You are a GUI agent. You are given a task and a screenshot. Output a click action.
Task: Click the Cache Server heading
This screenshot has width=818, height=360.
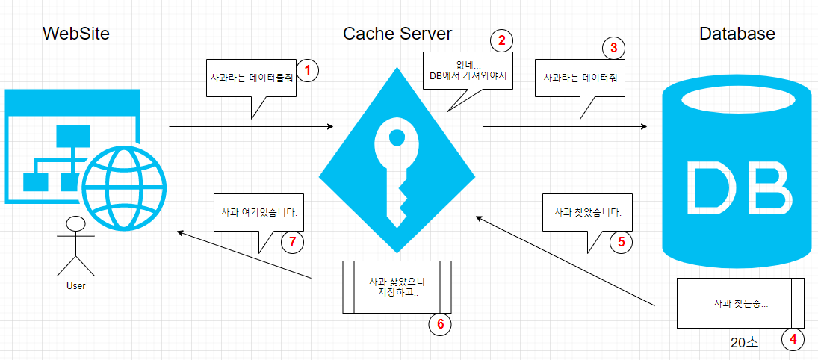(397, 34)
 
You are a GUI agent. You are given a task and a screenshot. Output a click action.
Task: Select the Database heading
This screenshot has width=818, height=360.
(737, 34)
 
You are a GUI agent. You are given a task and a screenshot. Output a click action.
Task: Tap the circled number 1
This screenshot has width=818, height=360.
(307, 70)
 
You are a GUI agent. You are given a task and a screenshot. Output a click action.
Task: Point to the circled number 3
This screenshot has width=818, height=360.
(613, 48)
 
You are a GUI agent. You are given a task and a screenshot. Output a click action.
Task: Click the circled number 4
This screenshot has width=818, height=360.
(793, 340)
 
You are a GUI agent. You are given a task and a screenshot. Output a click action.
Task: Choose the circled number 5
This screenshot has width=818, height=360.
(621, 242)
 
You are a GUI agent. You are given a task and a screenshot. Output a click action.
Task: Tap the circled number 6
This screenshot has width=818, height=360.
(440, 324)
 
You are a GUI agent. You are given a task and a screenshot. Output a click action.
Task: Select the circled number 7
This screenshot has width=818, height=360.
(292, 242)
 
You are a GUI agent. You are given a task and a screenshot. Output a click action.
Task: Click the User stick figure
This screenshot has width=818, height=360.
(75, 247)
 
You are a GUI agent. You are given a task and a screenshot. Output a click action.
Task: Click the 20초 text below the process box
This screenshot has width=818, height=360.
(744, 342)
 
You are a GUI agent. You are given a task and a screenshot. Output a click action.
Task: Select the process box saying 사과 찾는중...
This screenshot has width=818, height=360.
(740, 303)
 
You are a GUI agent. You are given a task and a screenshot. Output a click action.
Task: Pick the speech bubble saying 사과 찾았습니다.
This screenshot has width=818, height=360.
(588, 212)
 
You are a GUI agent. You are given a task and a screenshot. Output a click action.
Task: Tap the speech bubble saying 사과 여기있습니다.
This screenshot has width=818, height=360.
(259, 212)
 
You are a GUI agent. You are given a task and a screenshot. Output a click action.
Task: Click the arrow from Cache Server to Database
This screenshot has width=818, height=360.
(564, 127)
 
